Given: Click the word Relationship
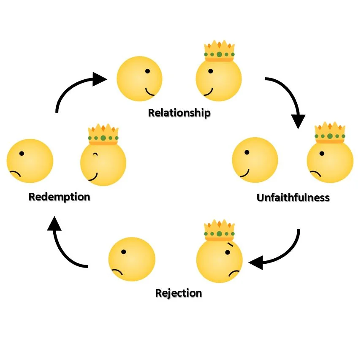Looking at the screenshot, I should point(179,113).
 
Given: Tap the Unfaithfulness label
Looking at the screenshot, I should point(293,198).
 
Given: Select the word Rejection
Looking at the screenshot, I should point(179,293).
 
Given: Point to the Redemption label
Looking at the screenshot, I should point(59,197).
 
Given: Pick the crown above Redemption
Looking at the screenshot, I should point(103,135).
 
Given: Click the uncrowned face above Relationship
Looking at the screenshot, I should point(139,79).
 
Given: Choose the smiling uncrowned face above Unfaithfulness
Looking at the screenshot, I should point(255,160).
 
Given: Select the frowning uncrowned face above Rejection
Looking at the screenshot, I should point(132,259).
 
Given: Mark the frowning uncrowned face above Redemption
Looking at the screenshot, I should point(30,161).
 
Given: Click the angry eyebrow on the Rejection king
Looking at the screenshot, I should point(230,245).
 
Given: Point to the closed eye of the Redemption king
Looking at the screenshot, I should point(95,155).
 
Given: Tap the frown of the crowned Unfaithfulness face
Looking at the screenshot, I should point(315,173).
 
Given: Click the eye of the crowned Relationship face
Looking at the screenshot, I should point(210,71).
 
